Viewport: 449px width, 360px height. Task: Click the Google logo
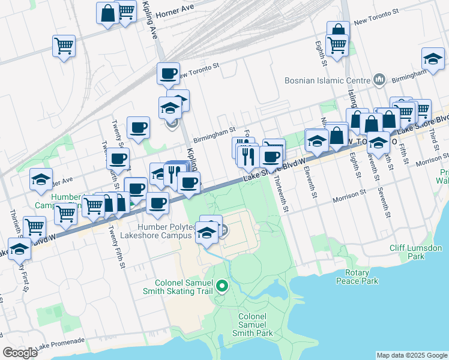tap(20, 353)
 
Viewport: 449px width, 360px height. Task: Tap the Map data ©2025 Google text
tap(411, 355)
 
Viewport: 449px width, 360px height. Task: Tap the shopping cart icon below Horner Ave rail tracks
tap(64, 45)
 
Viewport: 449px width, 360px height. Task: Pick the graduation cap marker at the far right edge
tap(433, 58)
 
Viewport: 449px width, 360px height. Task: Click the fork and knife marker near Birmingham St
tap(248, 155)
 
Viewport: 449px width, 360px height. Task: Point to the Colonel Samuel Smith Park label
tap(256, 325)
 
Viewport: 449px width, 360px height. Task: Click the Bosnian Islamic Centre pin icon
tap(379, 79)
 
